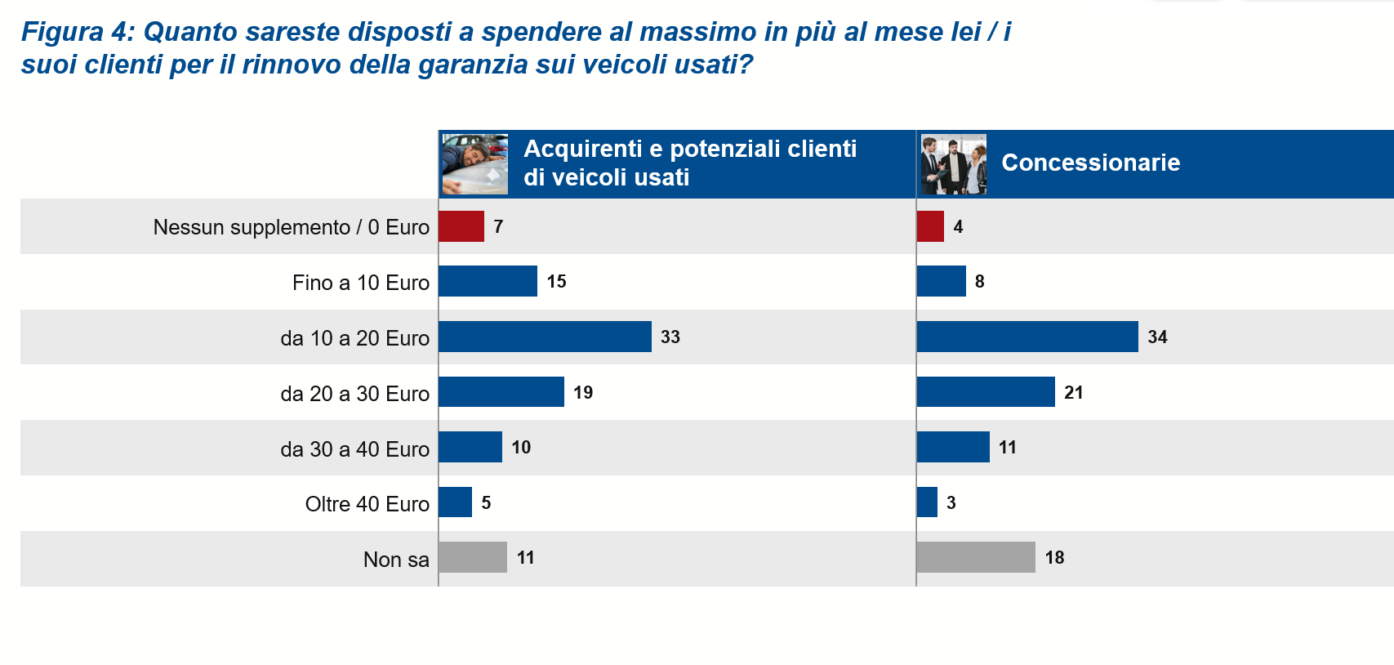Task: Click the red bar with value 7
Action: pyautogui.click(x=461, y=226)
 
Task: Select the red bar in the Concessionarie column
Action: pyautogui.click(x=930, y=226)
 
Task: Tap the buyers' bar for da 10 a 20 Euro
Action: pyautogui.click(x=545, y=337)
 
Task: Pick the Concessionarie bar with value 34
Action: pyautogui.click(x=1027, y=337)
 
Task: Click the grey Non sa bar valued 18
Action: pyautogui.click(x=976, y=557)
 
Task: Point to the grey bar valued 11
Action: pyautogui.click(x=473, y=557)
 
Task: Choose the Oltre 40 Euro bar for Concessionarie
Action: pyautogui.click(x=927, y=502)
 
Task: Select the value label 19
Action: pyautogui.click(x=583, y=393)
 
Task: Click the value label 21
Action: pyautogui.click(x=1074, y=393)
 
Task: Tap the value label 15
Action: pyautogui.click(x=557, y=282)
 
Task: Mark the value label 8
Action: pyautogui.click(x=980, y=282)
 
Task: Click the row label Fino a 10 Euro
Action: pyautogui.click(x=360, y=283)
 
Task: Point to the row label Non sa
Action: pyautogui.click(x=396, y=560)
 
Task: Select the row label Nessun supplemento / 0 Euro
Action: pyautogui.click(x=291, y=227)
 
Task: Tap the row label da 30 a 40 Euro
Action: pyautogui.click(x=354, y=449)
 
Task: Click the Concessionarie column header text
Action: pyautogui.click(x=1090, y=163)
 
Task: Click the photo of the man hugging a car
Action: pyautogui.click(x=474, y=164)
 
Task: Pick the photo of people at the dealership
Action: pyautogui.click(x=953, y=164)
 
